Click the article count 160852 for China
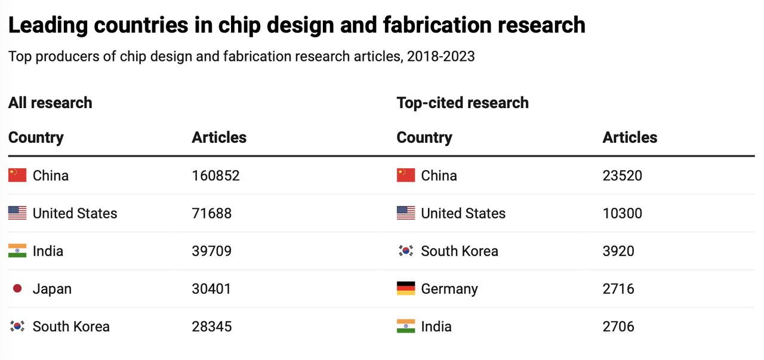coord(215,176)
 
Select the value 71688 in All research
coord(211,213)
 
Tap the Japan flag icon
coord(17,289)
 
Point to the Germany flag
coord(406,289)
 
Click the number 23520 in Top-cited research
coord(622,176)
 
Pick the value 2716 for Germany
coord(618,289)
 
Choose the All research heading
coord(50,103)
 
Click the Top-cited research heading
coord(463,103)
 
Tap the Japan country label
coord(52,289)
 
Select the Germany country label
coord(449,289)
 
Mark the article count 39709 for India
coord(211,251)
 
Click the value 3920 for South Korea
coord(618,251)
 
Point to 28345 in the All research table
coord(211,327)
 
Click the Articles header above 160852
coord(219,137)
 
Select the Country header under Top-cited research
coord(424,137)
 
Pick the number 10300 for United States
coord(622,213)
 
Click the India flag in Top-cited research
coord(406,327)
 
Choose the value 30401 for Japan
coord(211,289)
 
